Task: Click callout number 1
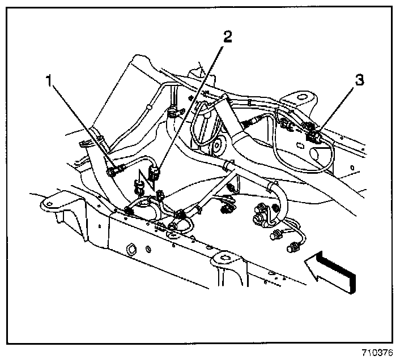50,81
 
